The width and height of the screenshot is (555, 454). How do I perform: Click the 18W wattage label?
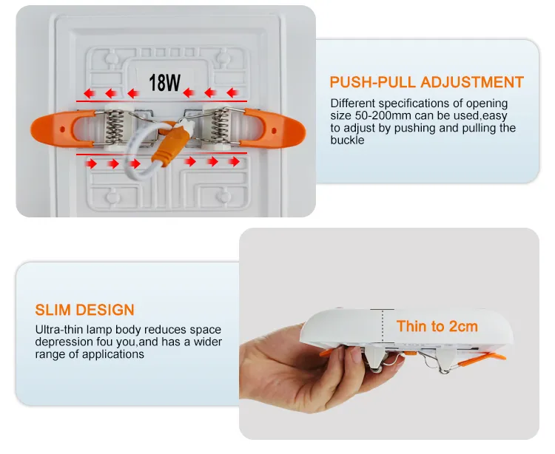click(164, 83)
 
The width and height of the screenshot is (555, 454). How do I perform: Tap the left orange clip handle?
click(63, 129)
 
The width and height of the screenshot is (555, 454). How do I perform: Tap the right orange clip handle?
click(272, 129)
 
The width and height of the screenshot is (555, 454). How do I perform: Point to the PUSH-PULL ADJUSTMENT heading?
click(426, 82)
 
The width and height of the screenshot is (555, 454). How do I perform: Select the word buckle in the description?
click(347, 140)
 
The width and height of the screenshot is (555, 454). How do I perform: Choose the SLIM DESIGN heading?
click(84, 310)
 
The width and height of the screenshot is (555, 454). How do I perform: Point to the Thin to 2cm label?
click(437, 326)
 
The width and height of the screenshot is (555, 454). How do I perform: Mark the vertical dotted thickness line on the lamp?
click(383, 326)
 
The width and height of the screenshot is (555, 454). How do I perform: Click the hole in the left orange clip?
click(63, 129)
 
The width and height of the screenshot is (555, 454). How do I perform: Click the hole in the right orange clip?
click(274, 131)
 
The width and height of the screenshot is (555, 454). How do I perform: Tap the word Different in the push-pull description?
click(353, 104)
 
